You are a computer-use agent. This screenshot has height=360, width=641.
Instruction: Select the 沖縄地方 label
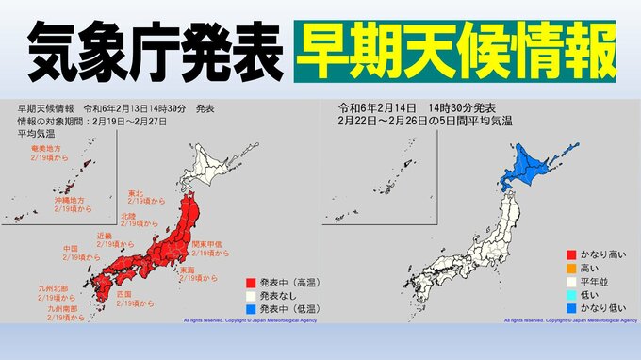coord(67,200)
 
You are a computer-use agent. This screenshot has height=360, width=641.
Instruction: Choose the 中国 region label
coord(72,250)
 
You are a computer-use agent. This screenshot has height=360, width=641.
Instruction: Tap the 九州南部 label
coord(64,307)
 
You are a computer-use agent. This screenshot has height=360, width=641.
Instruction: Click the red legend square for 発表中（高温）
coord(250,281)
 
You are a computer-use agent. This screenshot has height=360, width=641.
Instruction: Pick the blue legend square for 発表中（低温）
coord(250,308)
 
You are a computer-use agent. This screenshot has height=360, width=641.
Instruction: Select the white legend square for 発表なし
coord(250,295)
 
